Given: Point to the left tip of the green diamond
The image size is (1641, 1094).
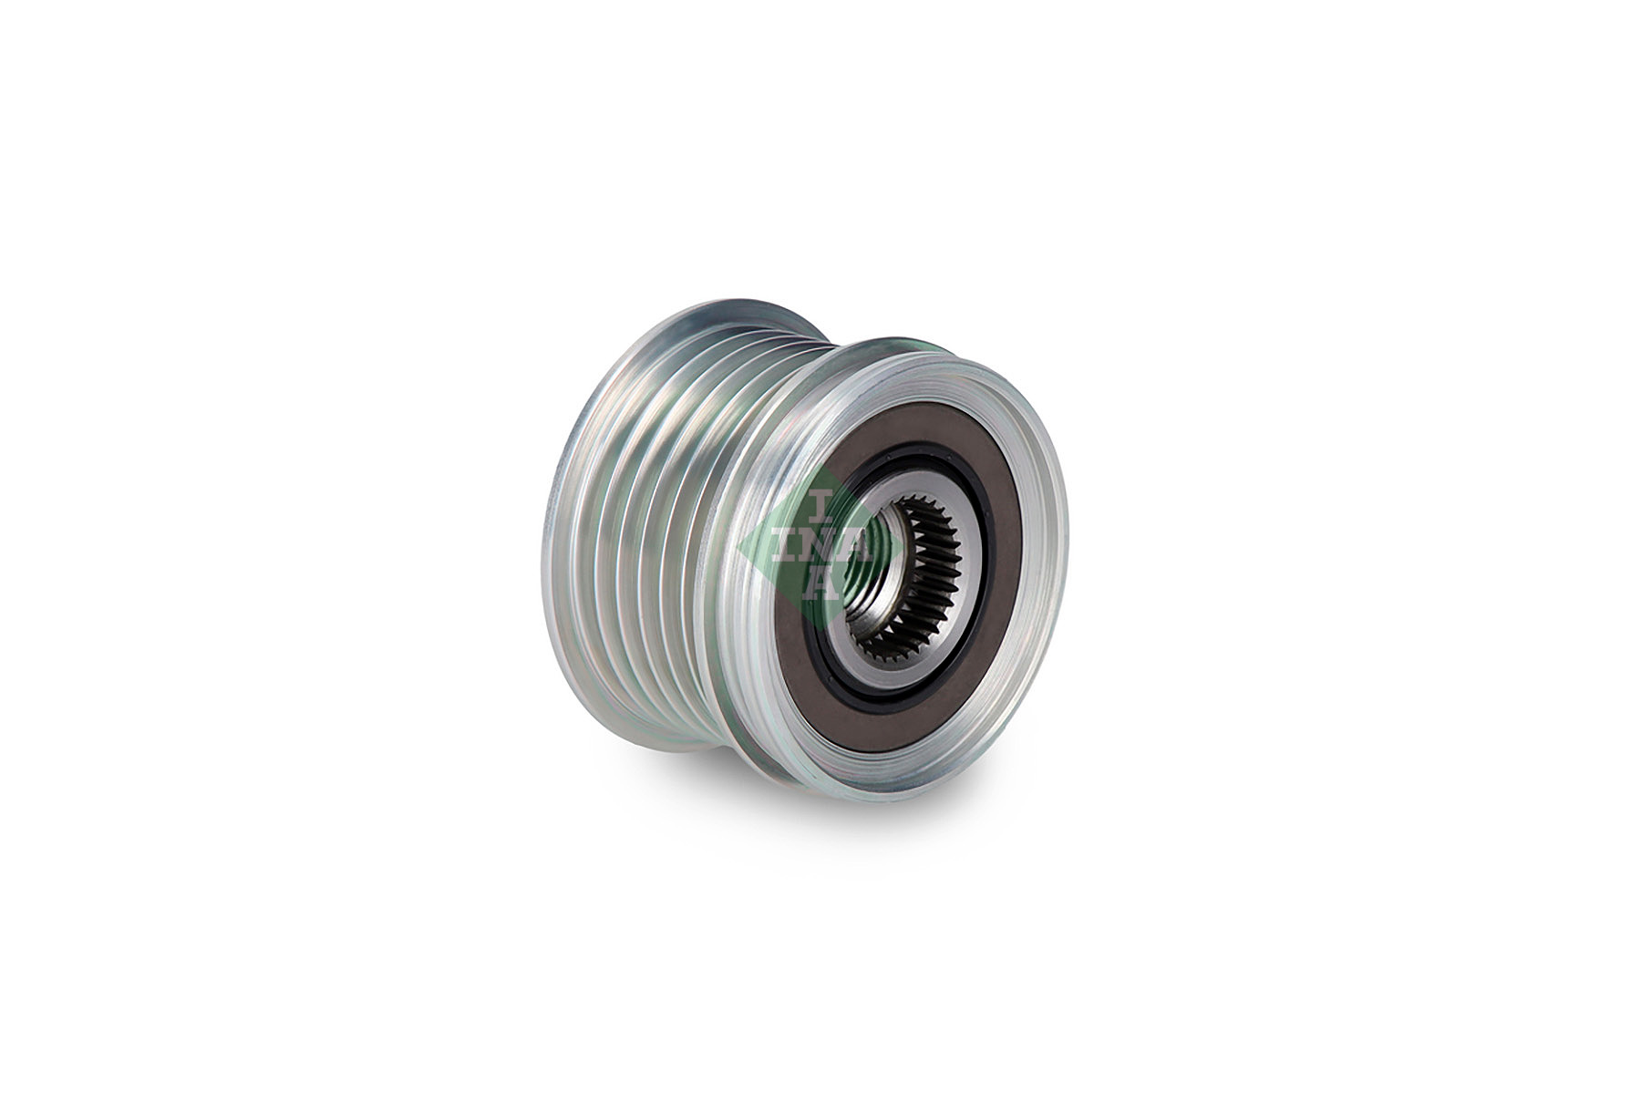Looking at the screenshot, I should click(x=738, y=547).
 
